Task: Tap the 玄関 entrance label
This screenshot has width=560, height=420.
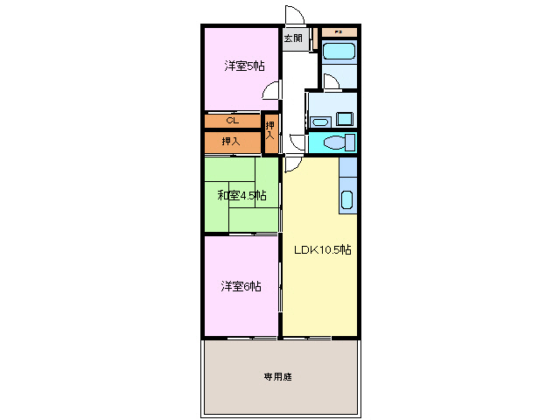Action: (x=293, y=38)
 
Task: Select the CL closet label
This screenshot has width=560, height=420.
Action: (x=232, y=121)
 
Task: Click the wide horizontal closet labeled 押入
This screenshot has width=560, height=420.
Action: (x=231, y=141)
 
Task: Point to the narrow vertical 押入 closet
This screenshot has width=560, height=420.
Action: (x=271, y=131)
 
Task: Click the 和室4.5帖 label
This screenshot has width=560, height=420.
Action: (x=242, y=194)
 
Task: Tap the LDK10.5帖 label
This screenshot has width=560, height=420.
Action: (x=323, y=249)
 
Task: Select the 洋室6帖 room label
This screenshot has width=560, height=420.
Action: (x=241, y=286)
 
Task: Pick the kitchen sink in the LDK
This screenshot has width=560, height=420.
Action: (x=346, y=199)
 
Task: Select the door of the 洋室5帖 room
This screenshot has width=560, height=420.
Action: (x=274, y=89)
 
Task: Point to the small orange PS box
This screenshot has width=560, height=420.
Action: (x=340, y=32)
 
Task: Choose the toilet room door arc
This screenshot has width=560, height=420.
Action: (x=298, y=143)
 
